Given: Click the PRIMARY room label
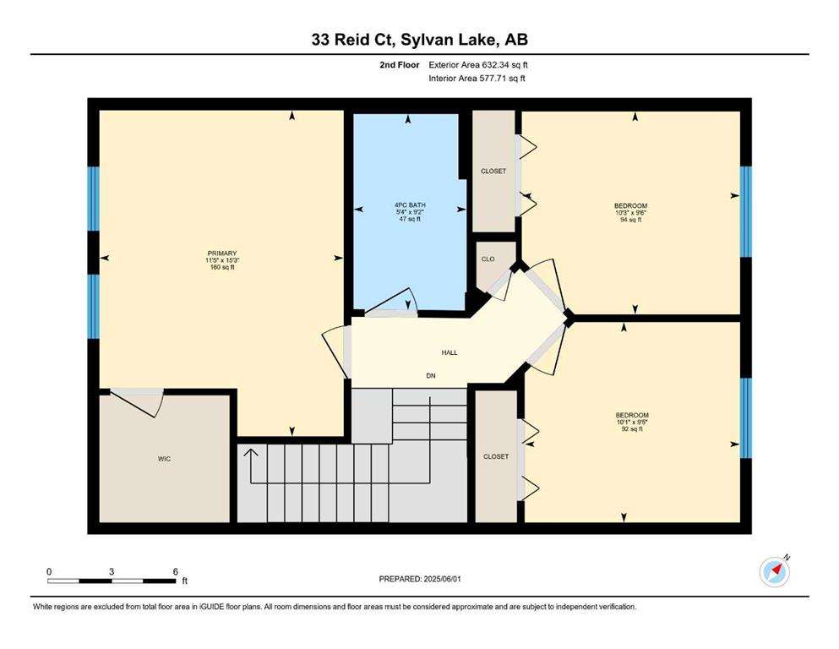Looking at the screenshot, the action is (x=222, y=253).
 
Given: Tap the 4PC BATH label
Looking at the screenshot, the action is (x=410, y=205).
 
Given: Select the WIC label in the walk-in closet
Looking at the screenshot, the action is (x=164, y=459).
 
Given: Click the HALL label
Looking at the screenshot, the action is (x=449, y=352).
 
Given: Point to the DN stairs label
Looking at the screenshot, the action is (x=431, y=375).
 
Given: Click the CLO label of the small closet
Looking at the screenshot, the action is (x=488, y=259).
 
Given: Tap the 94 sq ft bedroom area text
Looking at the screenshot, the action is (x=631, y=220).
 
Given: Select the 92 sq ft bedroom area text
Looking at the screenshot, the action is (x=632, y=428).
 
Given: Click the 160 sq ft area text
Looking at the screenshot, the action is (x=222, y=267).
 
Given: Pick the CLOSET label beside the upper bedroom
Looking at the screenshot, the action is (x=493, y=172).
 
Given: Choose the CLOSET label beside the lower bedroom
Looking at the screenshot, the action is (x=496, y=456).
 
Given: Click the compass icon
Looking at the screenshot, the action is (x=775, y=571).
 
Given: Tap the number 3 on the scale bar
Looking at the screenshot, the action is (x=112, y=571).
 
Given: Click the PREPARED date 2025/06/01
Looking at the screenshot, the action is (x=442, y=579).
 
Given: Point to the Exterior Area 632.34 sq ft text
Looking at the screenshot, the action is (x=478, y=65).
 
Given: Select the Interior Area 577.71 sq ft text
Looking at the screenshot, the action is (x=477, y=78).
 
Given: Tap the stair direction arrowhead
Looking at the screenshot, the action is (x=250, y=453).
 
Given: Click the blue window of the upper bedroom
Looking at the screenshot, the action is (x=746, y=212).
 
